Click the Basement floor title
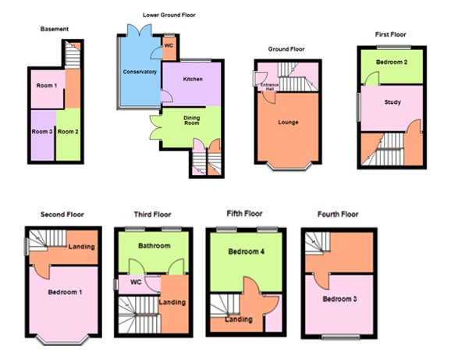(x=55, y=29)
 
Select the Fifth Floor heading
(x=244, y=213)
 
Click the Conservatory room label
(x=140, y=72)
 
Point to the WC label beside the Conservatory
(x=169, y=46)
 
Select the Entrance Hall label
(x=268, y=85)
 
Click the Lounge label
(x=289, y=122)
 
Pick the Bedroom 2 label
(x=389, y=61)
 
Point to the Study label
(x=392, y=102)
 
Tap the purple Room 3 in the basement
(x=41, y=132)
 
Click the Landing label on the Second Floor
(x=81, y=247)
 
